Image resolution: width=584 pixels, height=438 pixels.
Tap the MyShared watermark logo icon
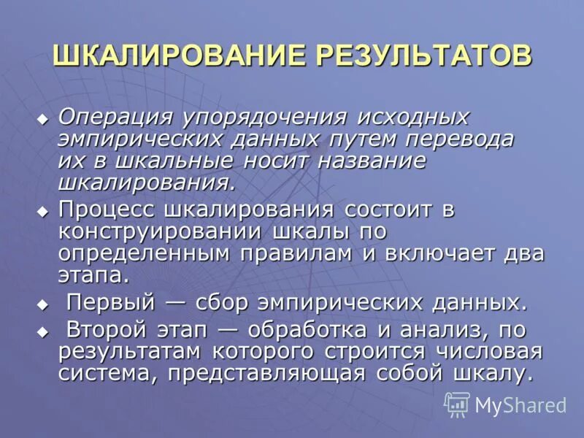click(x=457, y=404)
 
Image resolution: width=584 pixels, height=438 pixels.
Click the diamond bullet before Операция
click(x=43, y=118)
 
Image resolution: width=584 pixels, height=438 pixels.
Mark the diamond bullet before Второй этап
click(x=43, y=331)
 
